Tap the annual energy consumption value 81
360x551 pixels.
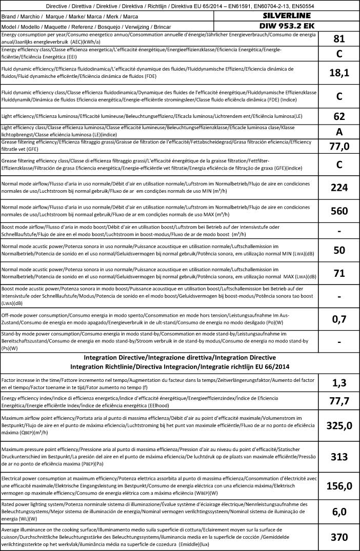point(339,39)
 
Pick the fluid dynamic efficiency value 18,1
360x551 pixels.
point(339,73)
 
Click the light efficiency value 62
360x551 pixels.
point(339,116)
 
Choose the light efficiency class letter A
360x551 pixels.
point(339,131)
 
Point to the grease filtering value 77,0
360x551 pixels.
point(339,147)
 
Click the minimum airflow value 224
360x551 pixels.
point(339,188)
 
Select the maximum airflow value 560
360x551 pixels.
point(339,211)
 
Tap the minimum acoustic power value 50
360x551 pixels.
point(339,251)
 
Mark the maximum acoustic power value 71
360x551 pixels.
point(339,273)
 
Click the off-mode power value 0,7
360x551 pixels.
point(339,319)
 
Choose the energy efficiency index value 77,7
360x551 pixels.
point(339,400)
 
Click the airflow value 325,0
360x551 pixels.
point(339,425)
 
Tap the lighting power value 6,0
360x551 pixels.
point(339,512)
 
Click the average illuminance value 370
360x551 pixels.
point(339,537)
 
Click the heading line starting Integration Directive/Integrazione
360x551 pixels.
point(179,357)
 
